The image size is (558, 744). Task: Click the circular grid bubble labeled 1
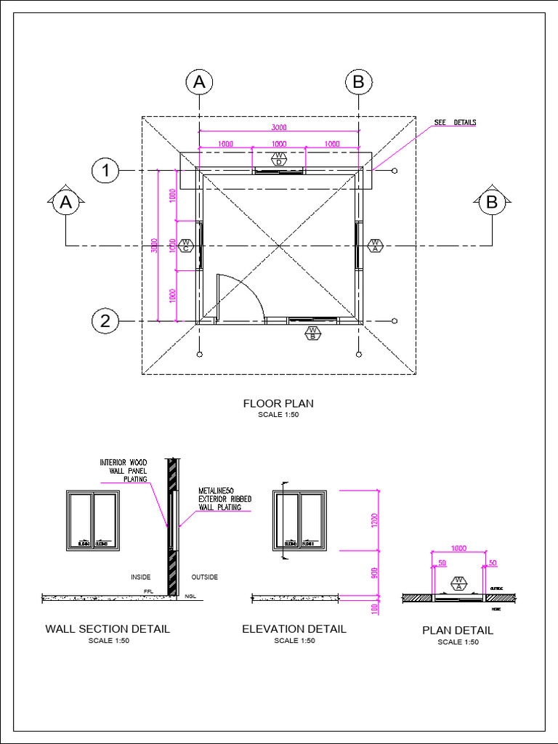[x=106, y=171]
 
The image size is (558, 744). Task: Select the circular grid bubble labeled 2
[x=106, y=320]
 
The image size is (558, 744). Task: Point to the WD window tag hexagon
[x=279, y=158]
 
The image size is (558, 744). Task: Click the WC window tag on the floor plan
[x=186, y=246]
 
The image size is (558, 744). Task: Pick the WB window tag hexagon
[x=312, y=333]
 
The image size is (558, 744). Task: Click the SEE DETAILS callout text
[x=455, y=123]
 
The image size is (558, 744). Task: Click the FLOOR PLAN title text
[x=278, y=403]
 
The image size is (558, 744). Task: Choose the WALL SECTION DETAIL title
[x=108, y=629]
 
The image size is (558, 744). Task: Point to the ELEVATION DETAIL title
[x=294, y=629]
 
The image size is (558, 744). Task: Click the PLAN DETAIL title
[x=458, y=631]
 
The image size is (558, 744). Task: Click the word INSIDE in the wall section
[x=140, y=578]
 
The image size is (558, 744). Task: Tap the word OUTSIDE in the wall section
[x=204, y=578]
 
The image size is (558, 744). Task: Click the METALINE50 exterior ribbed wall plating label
[x=225, y=499]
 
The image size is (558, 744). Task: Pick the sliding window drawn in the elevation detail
[x=300, y=520]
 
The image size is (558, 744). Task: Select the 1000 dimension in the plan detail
[x=458, y=549]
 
